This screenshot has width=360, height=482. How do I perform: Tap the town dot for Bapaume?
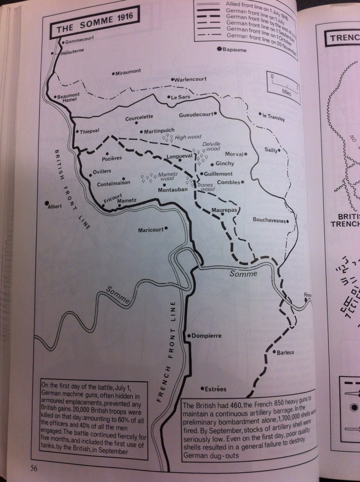pos(220,49)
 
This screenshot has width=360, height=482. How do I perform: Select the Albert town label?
pos(55,206)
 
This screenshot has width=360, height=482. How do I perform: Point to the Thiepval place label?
pos(90,131)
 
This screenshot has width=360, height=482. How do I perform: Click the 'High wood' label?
pos(188,137)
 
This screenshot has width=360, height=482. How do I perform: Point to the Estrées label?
pos(215,389)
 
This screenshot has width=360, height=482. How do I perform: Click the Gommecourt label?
pos(80,40)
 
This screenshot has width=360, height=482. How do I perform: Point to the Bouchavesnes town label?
pos(269,220)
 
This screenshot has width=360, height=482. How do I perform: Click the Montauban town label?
pos(173,189)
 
